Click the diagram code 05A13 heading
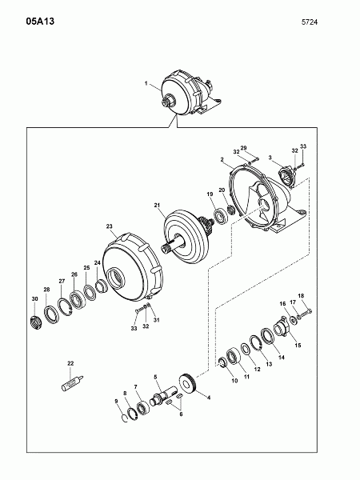[40, 22]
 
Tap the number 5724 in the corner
[310, 22]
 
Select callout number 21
[157, 206]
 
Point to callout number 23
[110, 226]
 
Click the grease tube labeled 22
[73, 383]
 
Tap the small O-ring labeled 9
[124, 418]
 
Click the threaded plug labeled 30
[36, 322]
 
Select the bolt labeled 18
[306, 314]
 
